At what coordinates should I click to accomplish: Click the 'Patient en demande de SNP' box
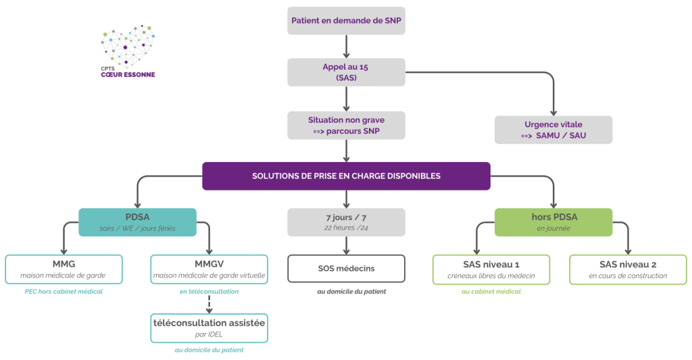[x=347, y=20]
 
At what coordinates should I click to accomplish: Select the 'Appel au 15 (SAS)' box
[x=347, y=72]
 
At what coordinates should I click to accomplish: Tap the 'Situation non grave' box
[x=347, y=124]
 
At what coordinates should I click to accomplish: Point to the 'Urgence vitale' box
[x=553, y=130]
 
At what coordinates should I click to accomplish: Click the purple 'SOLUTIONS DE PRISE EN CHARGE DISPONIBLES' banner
[x=347, y=176]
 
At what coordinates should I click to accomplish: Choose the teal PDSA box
[x=137, y=222]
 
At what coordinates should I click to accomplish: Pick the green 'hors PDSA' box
[x=553, y=222]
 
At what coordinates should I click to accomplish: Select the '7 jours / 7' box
[x=347, y=222]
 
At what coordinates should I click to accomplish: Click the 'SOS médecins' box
[x=347, y=268]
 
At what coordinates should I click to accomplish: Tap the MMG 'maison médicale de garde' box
[x=64, y=268]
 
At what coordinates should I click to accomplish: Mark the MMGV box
[x=209, y=268]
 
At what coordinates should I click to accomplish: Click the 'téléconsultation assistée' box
[x=209, y=328]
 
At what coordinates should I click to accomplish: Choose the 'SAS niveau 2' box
[x=628, y=268]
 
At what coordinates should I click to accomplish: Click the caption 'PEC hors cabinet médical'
[x=64, y=291]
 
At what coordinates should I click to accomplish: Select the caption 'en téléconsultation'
[x=209, y=291]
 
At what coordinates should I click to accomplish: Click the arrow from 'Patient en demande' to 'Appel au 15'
[x=347, y=46]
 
